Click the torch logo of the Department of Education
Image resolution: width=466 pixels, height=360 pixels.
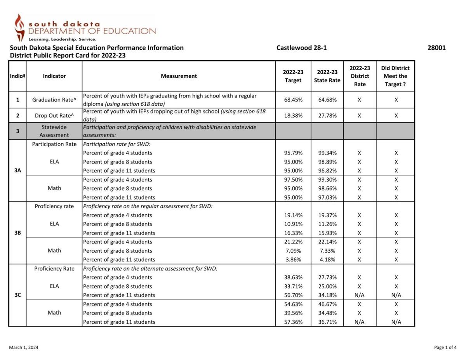coord(19,27)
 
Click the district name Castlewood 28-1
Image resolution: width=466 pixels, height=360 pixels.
coord(301,48)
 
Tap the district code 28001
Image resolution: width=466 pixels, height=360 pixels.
coord(436,48)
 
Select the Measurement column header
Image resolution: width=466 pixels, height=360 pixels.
coord(179,76)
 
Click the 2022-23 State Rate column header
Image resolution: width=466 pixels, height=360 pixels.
coord(327,76)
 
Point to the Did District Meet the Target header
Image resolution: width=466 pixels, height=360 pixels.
coord(395,76)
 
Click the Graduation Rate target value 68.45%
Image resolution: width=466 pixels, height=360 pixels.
coord(293,100)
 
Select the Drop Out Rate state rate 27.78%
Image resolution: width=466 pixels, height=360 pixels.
coord(327,116)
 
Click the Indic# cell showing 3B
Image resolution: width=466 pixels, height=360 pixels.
coord(17,233)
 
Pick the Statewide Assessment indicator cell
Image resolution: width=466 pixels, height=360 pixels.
coord(54,131)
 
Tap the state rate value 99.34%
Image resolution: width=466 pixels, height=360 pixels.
coord(327,153)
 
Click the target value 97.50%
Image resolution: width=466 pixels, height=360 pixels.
coord(293,180)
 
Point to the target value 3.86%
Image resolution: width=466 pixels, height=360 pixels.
coord(293,260)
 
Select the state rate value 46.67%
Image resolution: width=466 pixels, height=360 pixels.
coord(327,304)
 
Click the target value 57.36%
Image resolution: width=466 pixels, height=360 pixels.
coord(293,322)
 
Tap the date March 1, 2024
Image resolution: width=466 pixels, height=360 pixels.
coord(24,348)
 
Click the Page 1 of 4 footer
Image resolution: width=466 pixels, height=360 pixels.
coord(445,348)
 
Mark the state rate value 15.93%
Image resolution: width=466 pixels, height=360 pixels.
coord(327,233)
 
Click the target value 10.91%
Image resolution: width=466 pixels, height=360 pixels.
coord(293,224)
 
